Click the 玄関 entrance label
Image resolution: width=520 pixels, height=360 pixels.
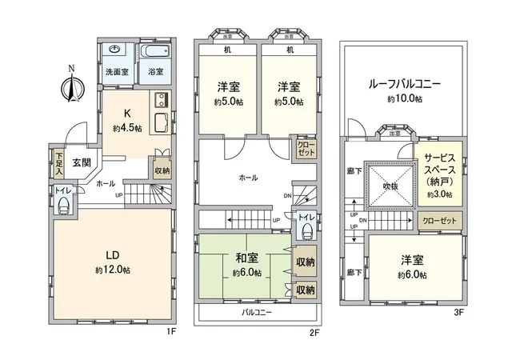(82, 162)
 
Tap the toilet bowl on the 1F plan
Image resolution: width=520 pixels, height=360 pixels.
(63, 205)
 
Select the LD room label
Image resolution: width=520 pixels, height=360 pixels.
(114, 255)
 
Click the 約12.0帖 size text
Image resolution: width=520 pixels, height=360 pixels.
(114, 270)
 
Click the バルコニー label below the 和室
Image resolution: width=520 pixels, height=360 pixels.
(258, 313)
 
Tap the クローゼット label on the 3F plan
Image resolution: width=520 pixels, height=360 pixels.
(438, 219)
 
